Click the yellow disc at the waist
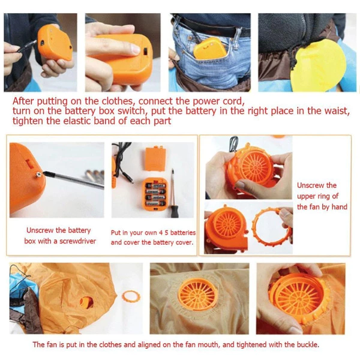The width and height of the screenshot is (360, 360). (x=318, y=64)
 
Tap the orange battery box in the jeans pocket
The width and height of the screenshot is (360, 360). (x=209, y=49)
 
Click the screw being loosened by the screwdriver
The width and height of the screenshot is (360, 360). (x=39, y=175)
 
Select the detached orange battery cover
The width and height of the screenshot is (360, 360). (x=155, y=159)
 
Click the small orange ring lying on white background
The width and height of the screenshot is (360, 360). (x=131, y=296)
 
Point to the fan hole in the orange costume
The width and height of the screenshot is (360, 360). (x=86, y=302)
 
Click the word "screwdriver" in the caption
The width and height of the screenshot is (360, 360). (x=78, y=241)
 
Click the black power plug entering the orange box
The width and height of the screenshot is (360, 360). (x=28, y=46)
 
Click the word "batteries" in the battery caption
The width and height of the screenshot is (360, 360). (x=183, y=233)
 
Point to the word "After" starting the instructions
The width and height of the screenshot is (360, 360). (x=23, y=101)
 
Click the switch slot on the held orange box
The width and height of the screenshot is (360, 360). (x=145, y=51)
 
